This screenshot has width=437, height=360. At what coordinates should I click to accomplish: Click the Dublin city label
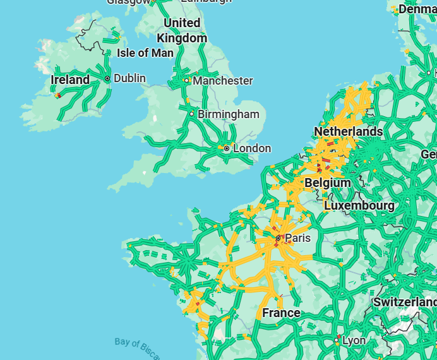[129, 78]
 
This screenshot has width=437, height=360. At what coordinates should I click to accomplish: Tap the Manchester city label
[222, 81]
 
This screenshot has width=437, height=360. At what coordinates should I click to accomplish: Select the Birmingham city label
[228, 114]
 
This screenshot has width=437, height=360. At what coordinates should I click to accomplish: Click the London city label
[252, 148]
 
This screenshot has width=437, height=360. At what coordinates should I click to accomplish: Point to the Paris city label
[298, 238]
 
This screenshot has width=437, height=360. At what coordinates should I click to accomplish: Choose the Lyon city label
[354, 340]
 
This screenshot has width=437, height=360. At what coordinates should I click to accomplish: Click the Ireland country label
[70, 80]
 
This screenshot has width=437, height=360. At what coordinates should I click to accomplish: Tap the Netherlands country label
[348, 131]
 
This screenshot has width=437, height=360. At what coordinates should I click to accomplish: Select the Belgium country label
[327, 183]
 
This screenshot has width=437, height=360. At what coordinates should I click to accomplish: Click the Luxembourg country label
[359, 206]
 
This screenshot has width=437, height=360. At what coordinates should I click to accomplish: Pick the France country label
[281, 313]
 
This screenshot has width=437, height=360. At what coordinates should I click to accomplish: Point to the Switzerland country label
[404, 302]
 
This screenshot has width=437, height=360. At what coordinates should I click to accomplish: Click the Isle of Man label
[145, 53]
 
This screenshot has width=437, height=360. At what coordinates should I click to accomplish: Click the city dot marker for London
[227, 148]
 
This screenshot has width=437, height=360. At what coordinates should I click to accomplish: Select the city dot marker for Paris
[278, 238]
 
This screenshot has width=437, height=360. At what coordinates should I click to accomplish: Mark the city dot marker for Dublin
[107, 78]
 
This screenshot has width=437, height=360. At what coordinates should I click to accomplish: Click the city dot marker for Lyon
[336, 340]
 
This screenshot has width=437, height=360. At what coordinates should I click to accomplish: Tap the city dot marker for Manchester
[186, 80]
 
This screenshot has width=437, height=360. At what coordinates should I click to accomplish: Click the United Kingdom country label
[182, 30]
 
